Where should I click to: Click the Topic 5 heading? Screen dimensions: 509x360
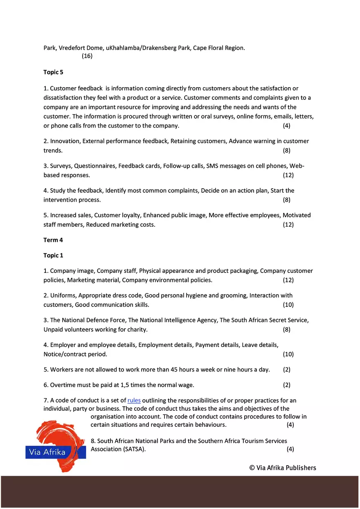(53, 72)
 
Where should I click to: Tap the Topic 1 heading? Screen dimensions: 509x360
(53, 256)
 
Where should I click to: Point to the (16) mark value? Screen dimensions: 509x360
(87, 56)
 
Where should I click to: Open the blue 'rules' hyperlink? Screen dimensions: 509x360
(134, 401)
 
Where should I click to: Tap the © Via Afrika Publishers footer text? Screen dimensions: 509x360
(283, 468)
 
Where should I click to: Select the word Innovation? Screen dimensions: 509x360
(65, 141)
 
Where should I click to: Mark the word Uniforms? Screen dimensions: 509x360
(63, 295)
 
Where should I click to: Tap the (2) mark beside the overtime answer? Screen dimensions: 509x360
(287, 385)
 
